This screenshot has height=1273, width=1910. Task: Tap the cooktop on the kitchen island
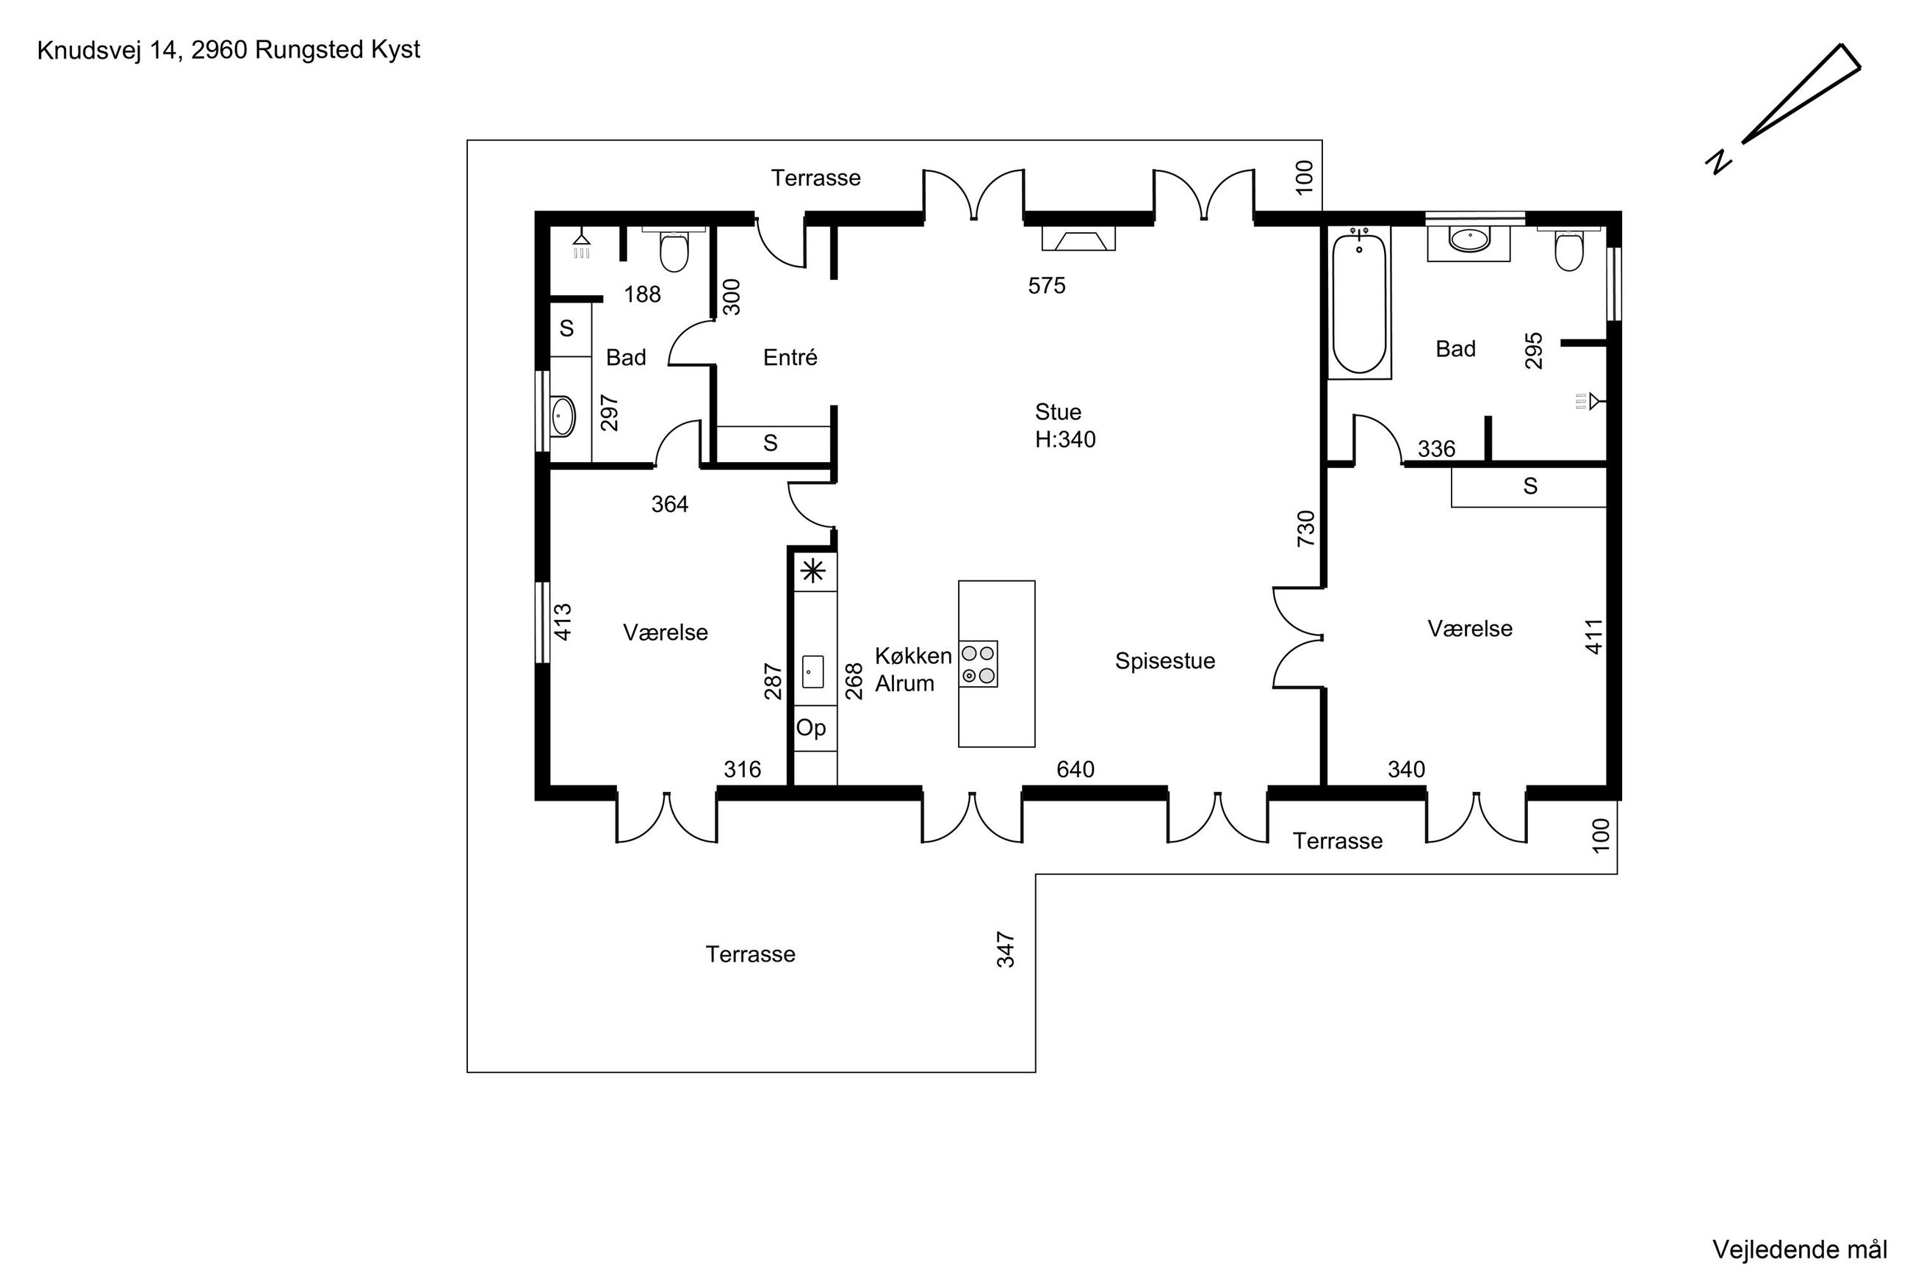click(978, 664)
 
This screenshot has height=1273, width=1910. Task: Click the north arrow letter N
click(1718, 162)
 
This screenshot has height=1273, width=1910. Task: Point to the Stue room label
click(1058, 411)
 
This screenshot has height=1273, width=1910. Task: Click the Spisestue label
click(1165, 661)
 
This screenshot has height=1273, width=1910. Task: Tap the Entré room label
click(790, 357)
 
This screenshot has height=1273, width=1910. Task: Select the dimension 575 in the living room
click(1046, 286)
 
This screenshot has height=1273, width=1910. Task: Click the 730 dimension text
click(1305, 529)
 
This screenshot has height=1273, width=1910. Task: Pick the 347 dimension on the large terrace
click(1005, 950)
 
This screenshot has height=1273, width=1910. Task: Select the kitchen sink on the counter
click(812, 672)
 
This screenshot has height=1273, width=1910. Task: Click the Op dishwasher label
click(811, 728)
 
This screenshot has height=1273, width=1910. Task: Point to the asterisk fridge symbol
click(813, 571)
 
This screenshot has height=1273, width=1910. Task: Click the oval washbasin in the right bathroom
click(1469, 239)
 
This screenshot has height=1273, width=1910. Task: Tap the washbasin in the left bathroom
click(563, 416)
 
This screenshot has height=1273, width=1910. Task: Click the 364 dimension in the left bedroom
click(670, 505)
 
